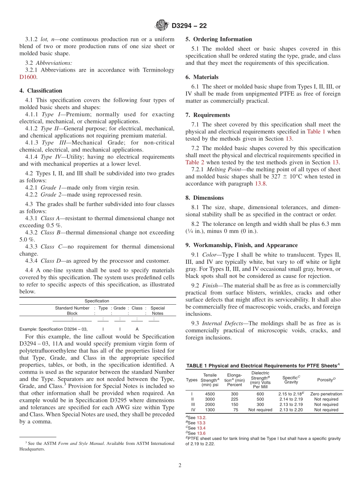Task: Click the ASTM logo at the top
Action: pos(162,26)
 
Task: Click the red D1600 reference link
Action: pos(28,77)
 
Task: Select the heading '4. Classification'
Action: pos(41,91)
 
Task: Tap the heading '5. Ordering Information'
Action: pos(219,39)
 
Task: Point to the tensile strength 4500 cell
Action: pos(210,394)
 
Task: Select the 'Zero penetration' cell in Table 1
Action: pos(326,394)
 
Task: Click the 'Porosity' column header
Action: pos(326,380)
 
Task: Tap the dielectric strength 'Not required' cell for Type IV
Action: pos(260,410)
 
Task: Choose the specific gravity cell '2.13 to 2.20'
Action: pos(291,410)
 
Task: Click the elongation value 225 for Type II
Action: pos(234,399)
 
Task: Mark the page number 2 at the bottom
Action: pos(180,465)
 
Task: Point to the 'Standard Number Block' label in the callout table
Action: pos(72,311)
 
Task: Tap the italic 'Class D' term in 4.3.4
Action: pos(48,261)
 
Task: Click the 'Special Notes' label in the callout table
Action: pos(157,311)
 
